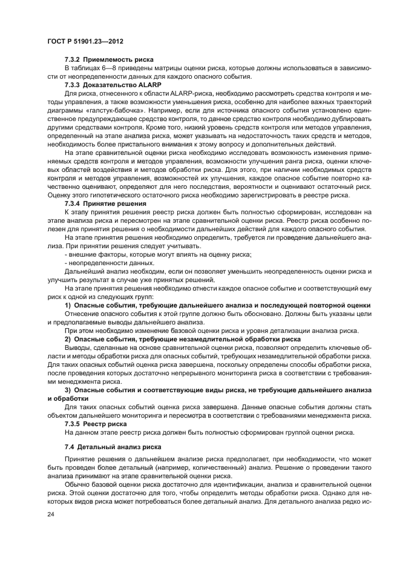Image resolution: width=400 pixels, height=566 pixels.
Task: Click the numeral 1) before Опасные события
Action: (x=68, y=306)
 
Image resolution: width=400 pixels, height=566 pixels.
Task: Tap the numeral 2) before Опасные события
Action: (x=68, y=340)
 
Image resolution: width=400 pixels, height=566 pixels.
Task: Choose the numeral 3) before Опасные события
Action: (x=68, y=391)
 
